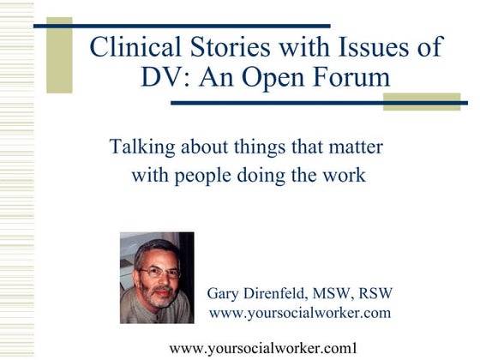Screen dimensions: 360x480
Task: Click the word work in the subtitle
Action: click(346, 176)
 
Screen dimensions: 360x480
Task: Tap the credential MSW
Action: click(348, 293)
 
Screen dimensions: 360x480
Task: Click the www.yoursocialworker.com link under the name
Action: click(300, 313)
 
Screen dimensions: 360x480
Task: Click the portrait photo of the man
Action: click(157, 277)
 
